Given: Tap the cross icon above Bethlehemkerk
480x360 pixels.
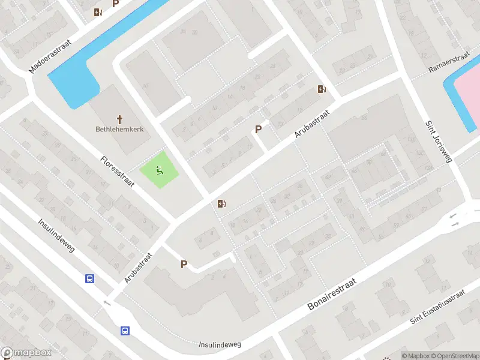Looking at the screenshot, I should tap(119, 119).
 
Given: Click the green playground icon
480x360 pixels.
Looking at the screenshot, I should tap(159, 171).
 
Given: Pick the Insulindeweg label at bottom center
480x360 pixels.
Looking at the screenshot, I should tap(220, 344).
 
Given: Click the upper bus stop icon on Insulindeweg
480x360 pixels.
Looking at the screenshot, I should tap(89, 278).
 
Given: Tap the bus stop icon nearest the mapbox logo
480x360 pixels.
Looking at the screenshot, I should tap(125, 331).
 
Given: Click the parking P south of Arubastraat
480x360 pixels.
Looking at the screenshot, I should tap(184, 264).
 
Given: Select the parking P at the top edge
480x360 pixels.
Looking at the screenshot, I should tap(116, 4).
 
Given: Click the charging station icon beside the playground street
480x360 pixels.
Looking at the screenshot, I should tap(222, 204).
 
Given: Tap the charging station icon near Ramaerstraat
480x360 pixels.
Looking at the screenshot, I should tap(322, 89).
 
